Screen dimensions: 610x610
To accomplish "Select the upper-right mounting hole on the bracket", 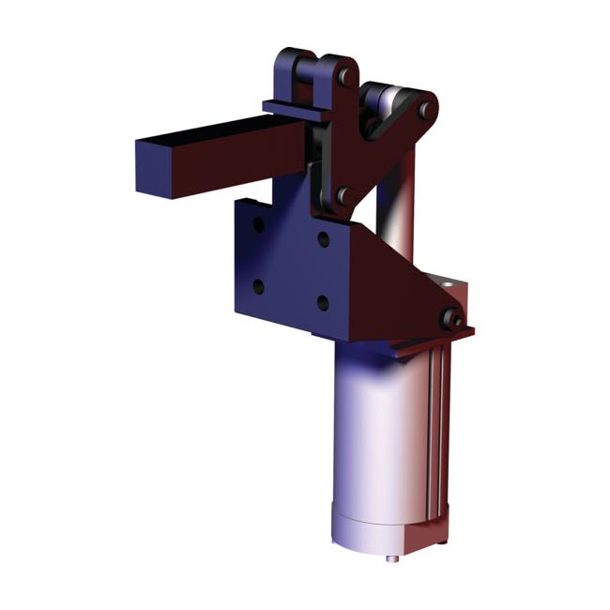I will [x=323, y=239].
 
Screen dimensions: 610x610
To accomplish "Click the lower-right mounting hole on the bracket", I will [x=323, y=302].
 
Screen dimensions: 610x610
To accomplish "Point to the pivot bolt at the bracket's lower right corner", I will [x=454, y=319].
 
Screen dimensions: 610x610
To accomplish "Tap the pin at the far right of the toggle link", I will [x=427, y=110].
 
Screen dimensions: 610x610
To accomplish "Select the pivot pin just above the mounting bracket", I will [x=344, y=195].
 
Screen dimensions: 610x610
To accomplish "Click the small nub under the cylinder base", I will [x=391, y=560].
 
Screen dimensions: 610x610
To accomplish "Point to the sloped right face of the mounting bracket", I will [x=394, y=282].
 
